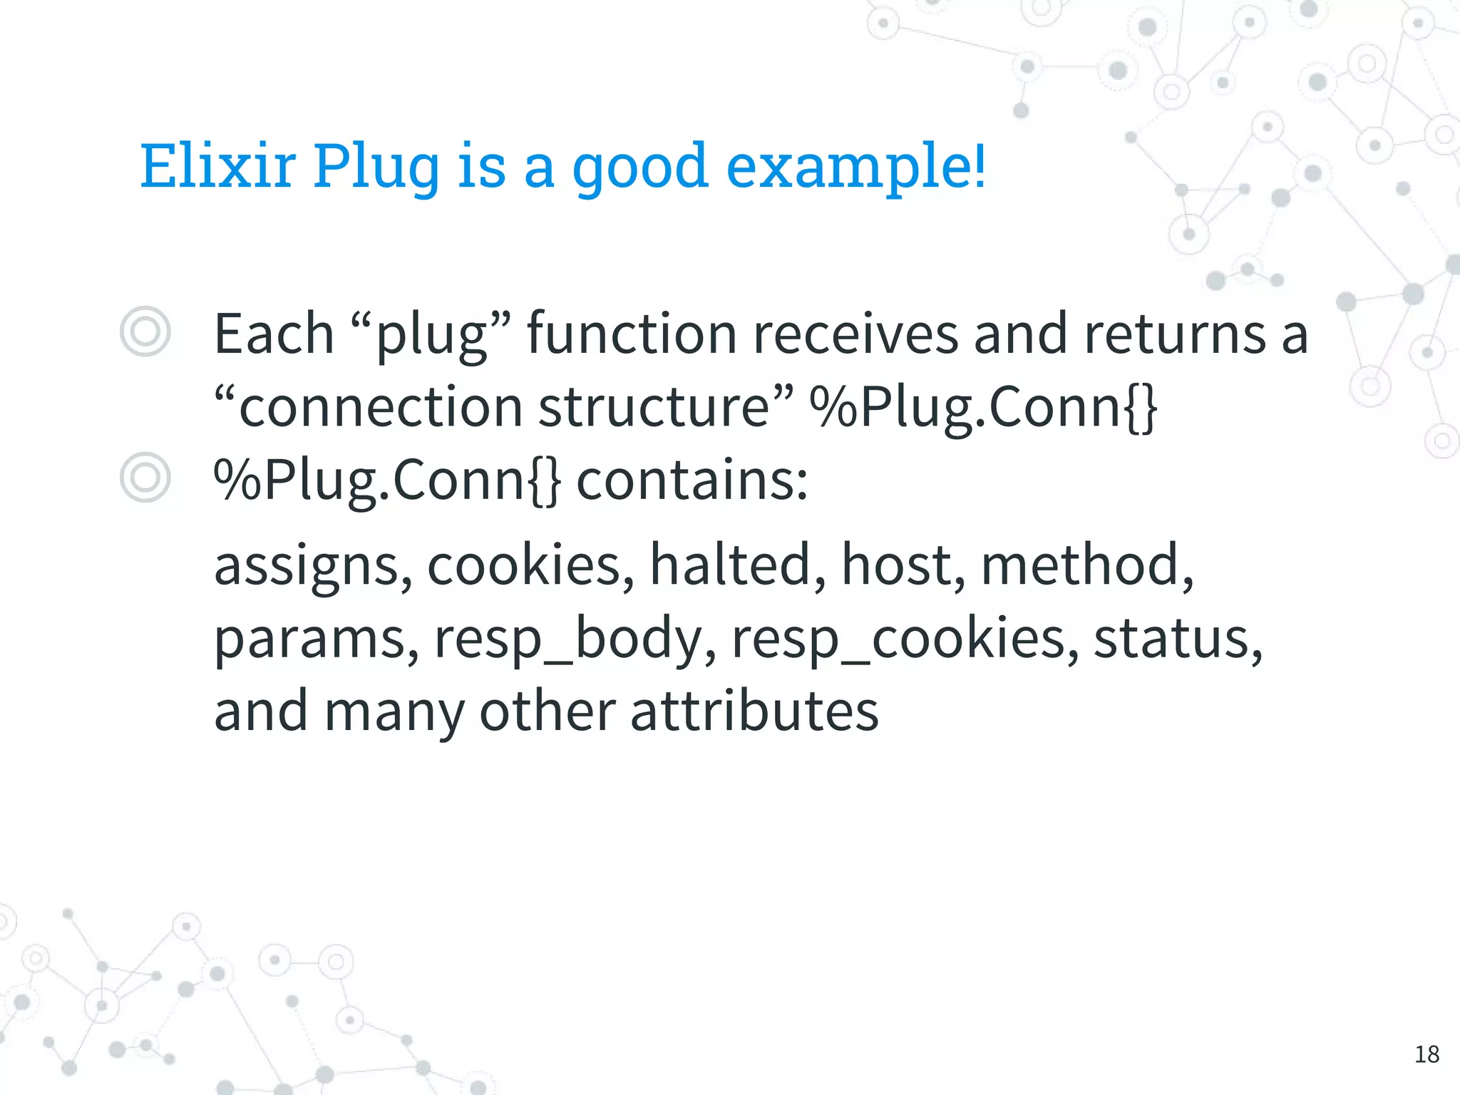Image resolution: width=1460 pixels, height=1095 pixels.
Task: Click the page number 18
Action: pyautogui.click(x=1426, y=1054)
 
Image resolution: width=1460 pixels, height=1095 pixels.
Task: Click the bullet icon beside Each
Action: pyautogui.click(x=145, y=332)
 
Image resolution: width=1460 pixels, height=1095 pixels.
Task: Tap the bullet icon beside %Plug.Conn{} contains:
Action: pyautogui.click(x=145, y=478)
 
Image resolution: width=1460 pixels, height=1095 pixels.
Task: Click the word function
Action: pyautogui.click(x=632, y=334)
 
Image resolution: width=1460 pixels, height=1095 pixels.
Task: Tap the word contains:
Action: pyautogui.click(x=692, y=480)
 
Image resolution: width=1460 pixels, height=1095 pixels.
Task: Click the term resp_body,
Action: pyautogui.click(x=575, y=639)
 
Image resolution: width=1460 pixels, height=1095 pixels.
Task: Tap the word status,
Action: pyautogui.click(x=1178, y=639)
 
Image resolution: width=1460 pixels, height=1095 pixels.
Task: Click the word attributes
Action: pyautogui.click(x=754, y=711)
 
